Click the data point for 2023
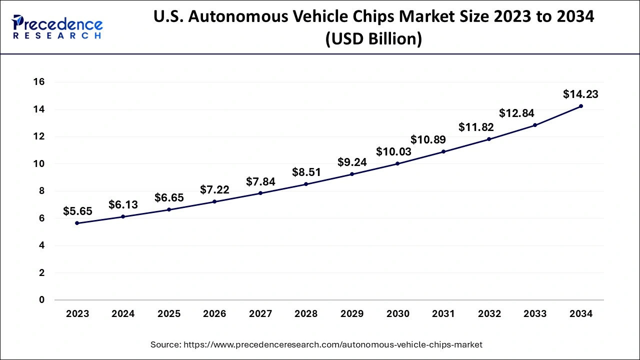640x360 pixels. point(77,223)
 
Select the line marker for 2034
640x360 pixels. point(581,106)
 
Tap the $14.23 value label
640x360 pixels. point(580,94)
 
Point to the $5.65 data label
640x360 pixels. point(77,211)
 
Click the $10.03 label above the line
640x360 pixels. point(393,151)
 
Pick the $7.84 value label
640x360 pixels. point(260,181)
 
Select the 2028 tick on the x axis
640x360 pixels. point(306,314)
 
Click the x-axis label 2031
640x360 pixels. point(443,314)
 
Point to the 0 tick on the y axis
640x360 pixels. point(42,300)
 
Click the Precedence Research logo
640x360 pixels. point(57,27)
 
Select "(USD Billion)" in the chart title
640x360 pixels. point(373,39)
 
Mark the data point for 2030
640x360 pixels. point(397,163)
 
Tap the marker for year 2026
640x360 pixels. point(214,201)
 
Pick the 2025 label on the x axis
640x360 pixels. point(169,314)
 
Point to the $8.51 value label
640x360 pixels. point(306,172)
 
